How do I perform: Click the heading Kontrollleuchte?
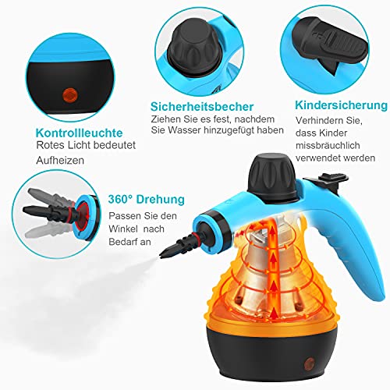point(79,133)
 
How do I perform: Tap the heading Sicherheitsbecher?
point(202,107)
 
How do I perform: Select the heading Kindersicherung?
point(341,105)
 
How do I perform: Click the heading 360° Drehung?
point(147,199)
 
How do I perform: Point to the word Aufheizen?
point(60,160)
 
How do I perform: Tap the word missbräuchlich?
point(328,145)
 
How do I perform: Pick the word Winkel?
point(123,229)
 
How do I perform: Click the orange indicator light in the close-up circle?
point(70,94)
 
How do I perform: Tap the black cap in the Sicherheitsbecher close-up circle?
point(194,48)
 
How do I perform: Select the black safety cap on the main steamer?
point(273,177)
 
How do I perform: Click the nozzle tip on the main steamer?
point(162,256)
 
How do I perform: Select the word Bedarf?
point(122,242)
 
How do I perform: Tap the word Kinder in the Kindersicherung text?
point(333,133)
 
